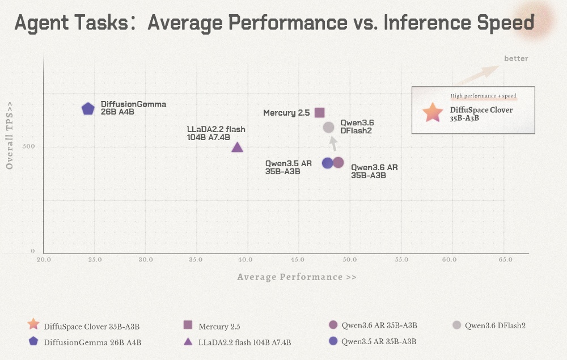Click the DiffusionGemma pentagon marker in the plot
(x=88, y=108)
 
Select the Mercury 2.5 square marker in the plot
(x=319, y=113)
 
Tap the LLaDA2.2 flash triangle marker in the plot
(x=237, y=147)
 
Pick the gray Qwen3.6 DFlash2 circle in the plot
(x=328, y=127)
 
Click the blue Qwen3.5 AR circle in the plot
(x=328, y=163)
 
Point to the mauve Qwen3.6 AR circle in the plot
(x=338, y=163)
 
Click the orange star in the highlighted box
(x=433, y=112)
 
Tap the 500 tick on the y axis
(x=28, y=146)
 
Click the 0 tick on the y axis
(x=33, y=251)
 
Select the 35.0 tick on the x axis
(x=196, y=260)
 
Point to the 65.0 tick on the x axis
(x=505, y=260)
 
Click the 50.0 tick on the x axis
(x=350, y=260)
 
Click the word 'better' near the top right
(x=516, y=58)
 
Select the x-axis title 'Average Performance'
(x=290, y=277)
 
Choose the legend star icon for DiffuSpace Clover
(x=33, y=324)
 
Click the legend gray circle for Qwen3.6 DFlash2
(x=456, y=325)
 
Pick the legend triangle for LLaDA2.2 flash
(x=188, y=341)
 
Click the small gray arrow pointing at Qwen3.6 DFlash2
(x=333, y=143)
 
